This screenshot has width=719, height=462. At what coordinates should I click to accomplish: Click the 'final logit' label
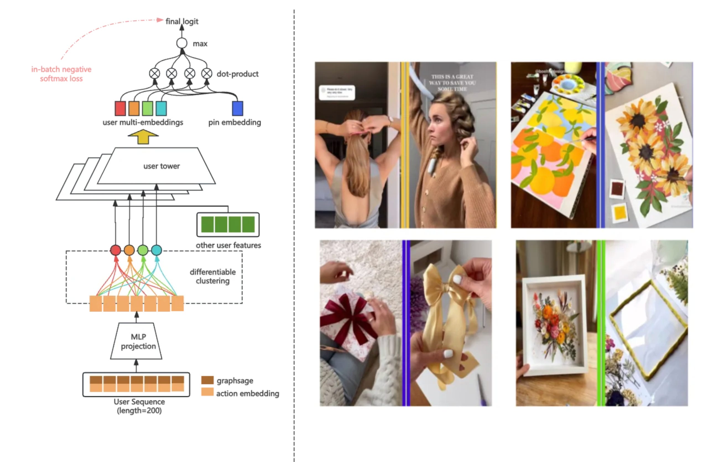click(x=182, y=21)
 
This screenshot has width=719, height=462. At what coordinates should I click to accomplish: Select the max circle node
click(x=182, y=43)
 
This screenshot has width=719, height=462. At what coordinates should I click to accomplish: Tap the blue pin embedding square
click(x=238, y=108)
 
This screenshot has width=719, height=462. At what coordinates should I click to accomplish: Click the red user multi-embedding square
click(x=120, y=108)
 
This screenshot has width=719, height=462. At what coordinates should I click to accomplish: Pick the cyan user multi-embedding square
click(x=161, y=108)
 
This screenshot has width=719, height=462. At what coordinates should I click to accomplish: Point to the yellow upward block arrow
click(x=143, y=137)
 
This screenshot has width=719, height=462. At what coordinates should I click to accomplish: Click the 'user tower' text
click(x=161, y=166)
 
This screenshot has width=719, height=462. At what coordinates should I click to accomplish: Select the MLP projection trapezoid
click(x=137, y=341)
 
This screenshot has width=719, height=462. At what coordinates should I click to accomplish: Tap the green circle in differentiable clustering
click(x=143, y=250)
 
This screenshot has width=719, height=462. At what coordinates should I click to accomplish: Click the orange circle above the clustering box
click(x=129, y=250)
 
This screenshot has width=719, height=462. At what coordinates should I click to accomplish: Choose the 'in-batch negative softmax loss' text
click(x=61, y=74)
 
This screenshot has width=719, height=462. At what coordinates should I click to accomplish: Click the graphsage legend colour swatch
click(x=207, y=380)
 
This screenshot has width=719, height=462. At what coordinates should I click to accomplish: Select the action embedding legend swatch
click(x=207, y=392)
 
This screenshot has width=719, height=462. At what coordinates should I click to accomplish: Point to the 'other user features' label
click(x=228, y=245)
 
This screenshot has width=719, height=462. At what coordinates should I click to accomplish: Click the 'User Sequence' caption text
click(x=139, y=401)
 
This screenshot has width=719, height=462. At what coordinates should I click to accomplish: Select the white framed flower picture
click(x=554, y=324)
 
